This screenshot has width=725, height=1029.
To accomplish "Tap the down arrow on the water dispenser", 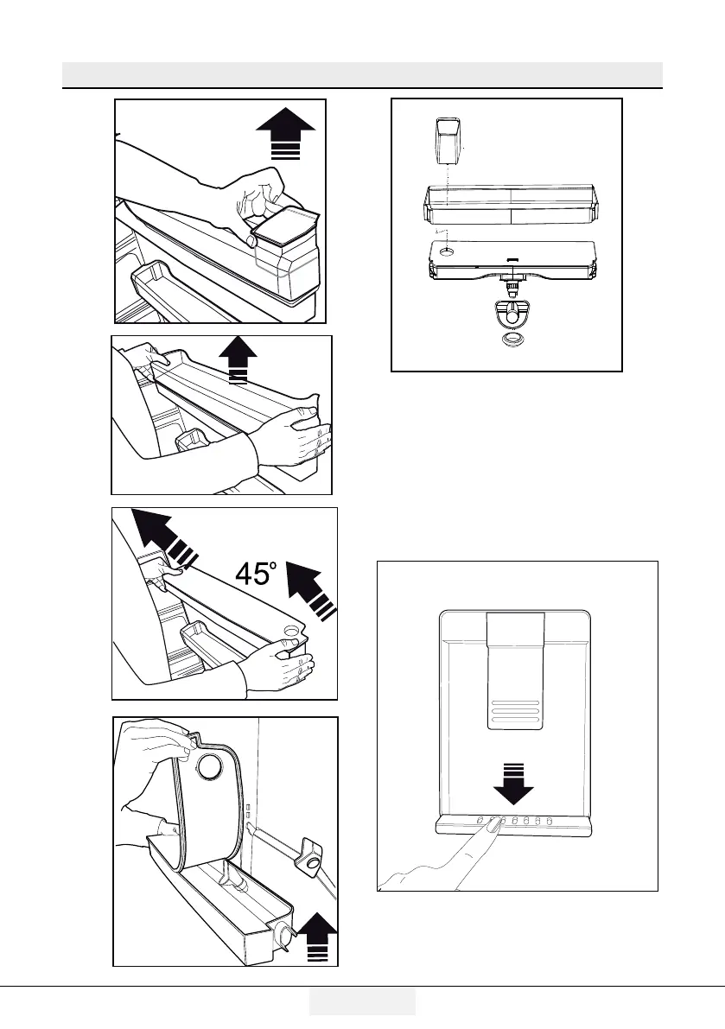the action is (x=514, y=776).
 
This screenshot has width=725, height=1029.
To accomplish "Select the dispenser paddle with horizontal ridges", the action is (x=514, y=670).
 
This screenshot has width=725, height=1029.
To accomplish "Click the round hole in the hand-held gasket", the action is (x=210, y=765).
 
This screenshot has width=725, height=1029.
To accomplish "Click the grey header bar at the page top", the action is (x=362, y=74).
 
